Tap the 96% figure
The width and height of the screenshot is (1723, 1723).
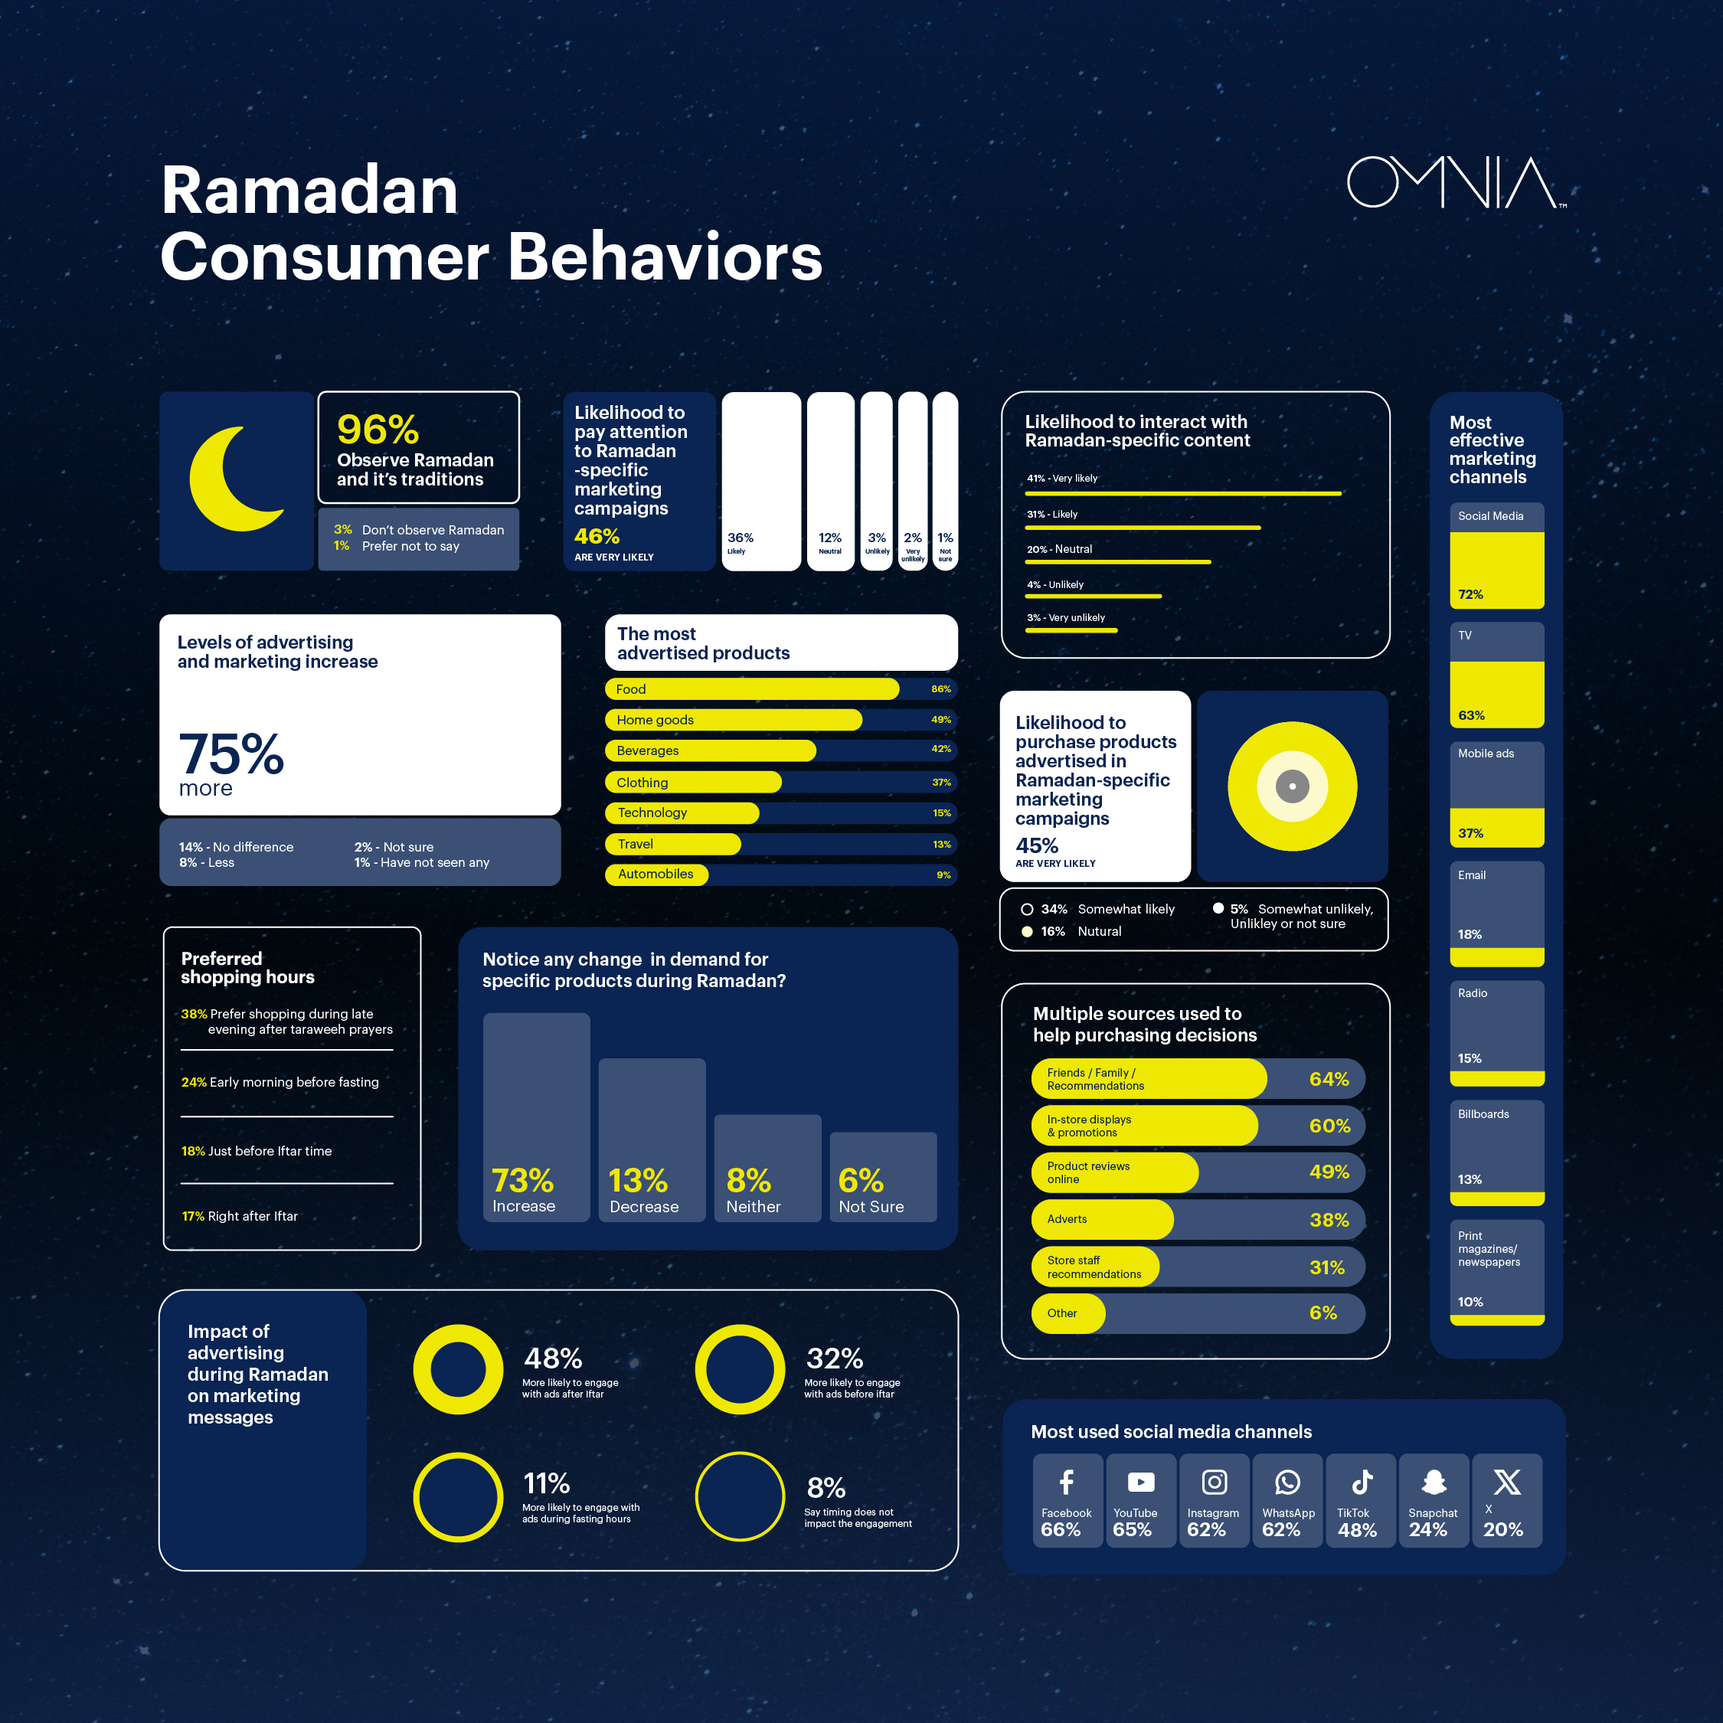pos(378,430)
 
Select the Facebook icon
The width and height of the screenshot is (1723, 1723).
pos(1066,1483)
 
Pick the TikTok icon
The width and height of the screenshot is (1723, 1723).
pos(1361,1483)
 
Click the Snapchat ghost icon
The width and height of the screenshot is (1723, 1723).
pos(1434,1483)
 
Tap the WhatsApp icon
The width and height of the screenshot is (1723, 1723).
pos(1287,1483)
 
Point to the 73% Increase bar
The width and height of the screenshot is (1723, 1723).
pos(536,1117)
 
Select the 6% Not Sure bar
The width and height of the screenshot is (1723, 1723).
pos(883,1176)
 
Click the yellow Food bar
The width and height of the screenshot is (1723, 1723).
pos(752,689)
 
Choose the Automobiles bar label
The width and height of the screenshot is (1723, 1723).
pos(656,875)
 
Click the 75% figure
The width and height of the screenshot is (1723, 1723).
pos(231,754)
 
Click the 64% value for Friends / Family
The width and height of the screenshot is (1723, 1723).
pos(1328,1079)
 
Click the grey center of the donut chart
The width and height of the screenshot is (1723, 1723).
pos(1293,786)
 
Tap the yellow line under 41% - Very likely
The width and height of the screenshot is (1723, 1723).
pos(1183,493)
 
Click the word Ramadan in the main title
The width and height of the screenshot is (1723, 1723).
pos(309,191)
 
